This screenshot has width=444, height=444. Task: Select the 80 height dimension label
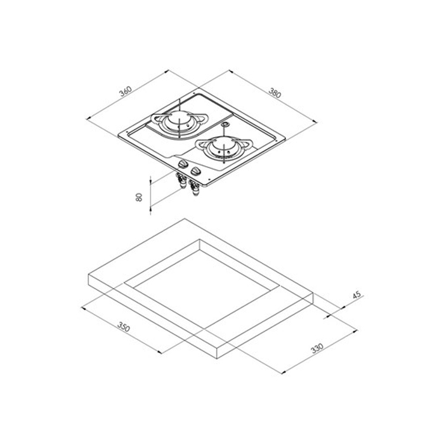(139, 197)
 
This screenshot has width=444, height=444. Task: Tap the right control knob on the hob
(195, 171)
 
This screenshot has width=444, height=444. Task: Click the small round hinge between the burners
(226, 127)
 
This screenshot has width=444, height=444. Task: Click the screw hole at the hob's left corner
(126, 134)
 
